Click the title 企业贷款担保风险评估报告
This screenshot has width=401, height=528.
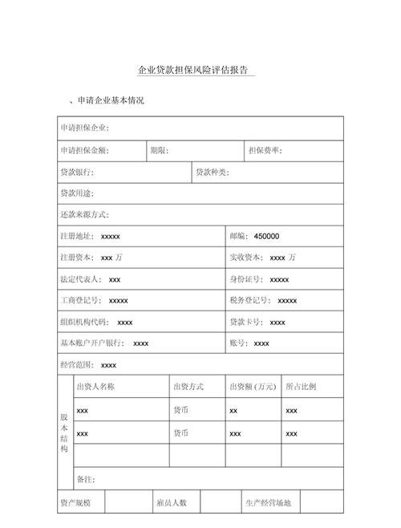(192, 71)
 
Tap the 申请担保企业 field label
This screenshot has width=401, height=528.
(85, 128)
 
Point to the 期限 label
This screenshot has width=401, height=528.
(159, 150)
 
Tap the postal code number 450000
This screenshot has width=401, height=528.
(266, 237)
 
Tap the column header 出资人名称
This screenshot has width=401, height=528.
(95, 387)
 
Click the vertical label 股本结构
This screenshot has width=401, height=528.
(64, 433)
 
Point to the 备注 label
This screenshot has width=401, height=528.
(86, 479)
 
